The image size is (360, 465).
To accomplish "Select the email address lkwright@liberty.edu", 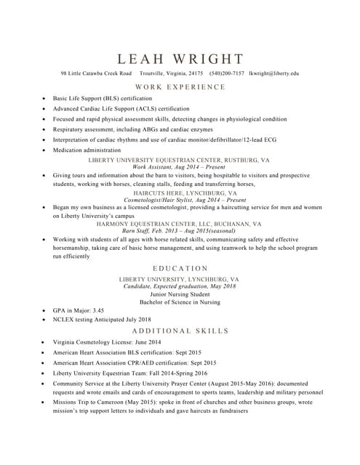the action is click(x=273, y=73).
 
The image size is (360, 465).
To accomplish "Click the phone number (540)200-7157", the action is click(x=227, y=73).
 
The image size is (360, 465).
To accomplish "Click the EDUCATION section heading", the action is click(x=180, y=268).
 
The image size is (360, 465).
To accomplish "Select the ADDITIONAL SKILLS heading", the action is click(x=180, y=331).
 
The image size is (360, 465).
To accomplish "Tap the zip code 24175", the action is click(x=196, y=73).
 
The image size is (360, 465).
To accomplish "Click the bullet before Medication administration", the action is click(x=45, y=150).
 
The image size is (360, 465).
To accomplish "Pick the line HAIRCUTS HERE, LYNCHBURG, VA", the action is click(x=180, y=193).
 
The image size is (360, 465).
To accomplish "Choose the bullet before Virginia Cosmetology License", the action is click(x=45, y=341).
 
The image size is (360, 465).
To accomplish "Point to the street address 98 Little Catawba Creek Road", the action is click(x=96, y=73).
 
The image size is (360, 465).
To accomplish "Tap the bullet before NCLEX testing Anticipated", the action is click(x=45, y=319).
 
